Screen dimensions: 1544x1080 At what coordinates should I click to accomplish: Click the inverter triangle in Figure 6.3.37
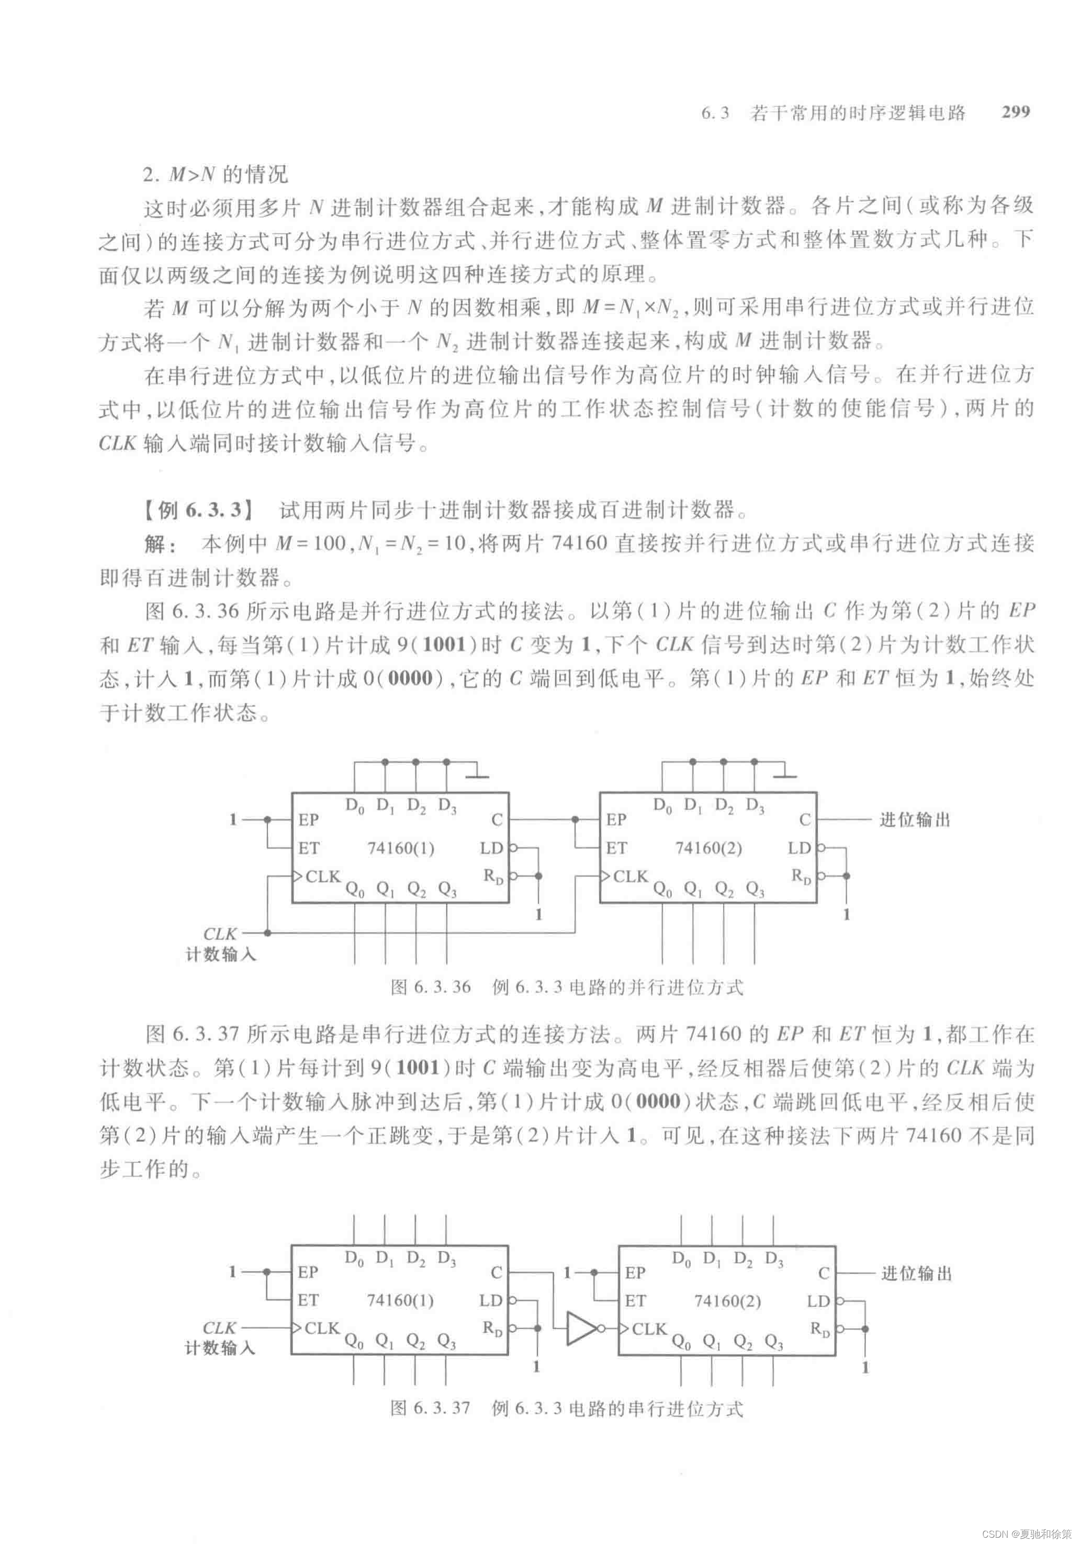point(581,1328)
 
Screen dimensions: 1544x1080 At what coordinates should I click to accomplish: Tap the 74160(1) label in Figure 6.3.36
point(400,848)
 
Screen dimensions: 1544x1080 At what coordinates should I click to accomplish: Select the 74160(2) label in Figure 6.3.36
point(708,848)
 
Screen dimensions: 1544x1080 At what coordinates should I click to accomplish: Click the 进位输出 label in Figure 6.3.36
point(915,820)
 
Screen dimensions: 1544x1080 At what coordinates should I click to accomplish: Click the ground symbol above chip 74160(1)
point(478,775)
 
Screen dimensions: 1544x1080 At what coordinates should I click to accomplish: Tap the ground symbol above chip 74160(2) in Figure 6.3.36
point(785,775)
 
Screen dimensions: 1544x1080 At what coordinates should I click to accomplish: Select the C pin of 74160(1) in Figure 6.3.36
point(497,820)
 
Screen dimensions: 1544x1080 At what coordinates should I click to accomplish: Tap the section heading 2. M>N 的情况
point(216,175)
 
